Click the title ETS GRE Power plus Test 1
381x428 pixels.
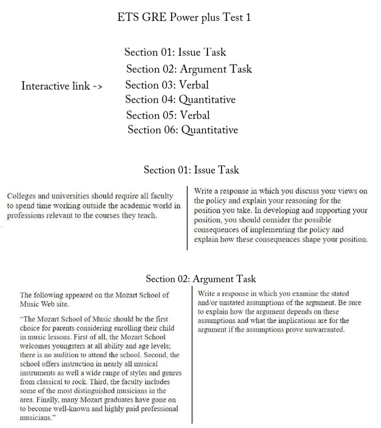(184, 17)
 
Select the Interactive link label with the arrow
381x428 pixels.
(62, 86)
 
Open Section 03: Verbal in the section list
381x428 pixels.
(167, 84)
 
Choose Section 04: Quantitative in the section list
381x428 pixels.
(180, 99)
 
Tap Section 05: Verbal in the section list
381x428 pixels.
(168, 115)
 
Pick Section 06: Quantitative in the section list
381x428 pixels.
(183, 130)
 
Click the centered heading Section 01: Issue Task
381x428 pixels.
(191, 170)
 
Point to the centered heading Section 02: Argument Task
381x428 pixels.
(200, 279)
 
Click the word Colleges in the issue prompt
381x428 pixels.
(21, 196)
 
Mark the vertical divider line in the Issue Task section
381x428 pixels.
(188, 218)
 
